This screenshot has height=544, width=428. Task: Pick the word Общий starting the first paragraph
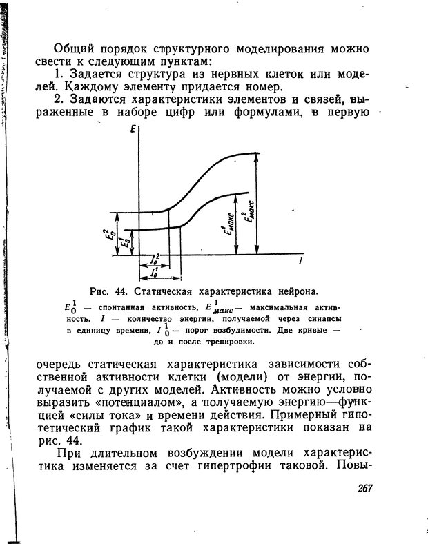click(76, 49)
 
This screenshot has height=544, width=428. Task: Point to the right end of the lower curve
click(247, 193)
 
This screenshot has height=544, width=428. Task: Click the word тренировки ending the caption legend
click(228, 342)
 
